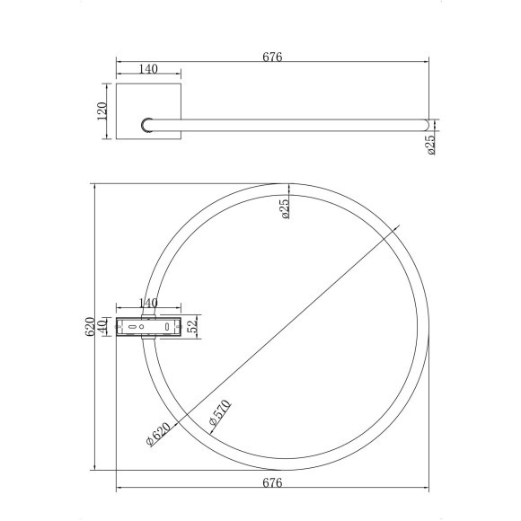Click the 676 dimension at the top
(x=272, y=57)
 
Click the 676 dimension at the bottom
(x=272, y=483)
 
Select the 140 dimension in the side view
(x=149, y=68)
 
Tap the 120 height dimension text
(x=102, y=110)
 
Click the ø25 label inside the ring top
(x=285, y=208)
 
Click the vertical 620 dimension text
(x=90, y=327)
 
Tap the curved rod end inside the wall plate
(x=146, y=125)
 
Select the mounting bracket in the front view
(x=149, y=327)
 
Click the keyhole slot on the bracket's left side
(x=132, y=327)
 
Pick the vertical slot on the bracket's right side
(x=168, y=327)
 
